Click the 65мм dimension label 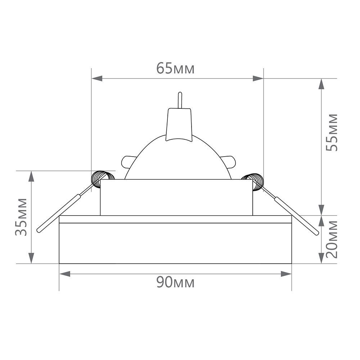(175, 68)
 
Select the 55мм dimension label (332, 132)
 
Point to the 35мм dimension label (21, 217)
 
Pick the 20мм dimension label (332, 239)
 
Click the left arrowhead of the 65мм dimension (97, 78)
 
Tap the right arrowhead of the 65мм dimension (258, 78)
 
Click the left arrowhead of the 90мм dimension (65, 274)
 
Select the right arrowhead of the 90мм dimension (286, 274)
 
